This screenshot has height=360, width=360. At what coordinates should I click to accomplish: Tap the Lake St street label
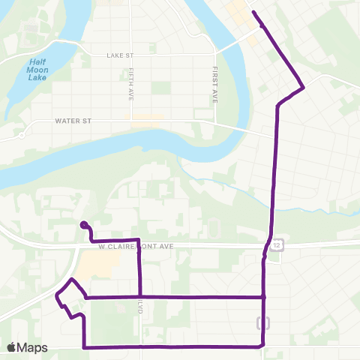(x=120, y=54)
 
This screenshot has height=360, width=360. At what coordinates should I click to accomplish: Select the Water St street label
(x=73, y=121)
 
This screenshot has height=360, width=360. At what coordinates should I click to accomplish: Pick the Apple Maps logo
(x=27, y=347)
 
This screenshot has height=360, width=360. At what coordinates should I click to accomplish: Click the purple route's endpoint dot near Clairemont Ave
(x=83, y=223)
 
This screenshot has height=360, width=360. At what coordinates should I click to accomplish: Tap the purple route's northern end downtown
(x=253, y=13)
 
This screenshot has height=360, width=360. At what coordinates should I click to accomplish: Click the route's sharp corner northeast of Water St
(x=303, y=88)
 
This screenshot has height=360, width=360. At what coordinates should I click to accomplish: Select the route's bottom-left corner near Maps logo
(x=83, y=347)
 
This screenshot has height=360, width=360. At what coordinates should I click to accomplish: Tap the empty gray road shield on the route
(x=263, y=323)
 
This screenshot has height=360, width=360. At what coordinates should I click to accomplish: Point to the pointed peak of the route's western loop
(x=71, y=280)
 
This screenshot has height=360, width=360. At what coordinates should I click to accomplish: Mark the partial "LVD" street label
(x=141, y=307)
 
